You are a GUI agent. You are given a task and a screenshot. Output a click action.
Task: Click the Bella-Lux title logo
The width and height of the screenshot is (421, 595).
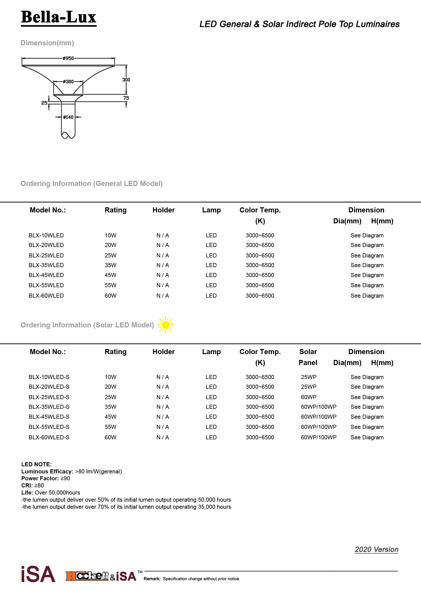point(59,17)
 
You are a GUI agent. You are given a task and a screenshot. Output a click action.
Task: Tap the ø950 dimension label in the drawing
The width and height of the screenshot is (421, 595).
point(68,58)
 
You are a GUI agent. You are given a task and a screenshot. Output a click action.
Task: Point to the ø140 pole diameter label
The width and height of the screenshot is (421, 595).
point(68,117)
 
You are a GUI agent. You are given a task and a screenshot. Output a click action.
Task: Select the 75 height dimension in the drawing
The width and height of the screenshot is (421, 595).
point(126,98)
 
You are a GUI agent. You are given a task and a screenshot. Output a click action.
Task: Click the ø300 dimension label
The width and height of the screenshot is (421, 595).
point(68,82)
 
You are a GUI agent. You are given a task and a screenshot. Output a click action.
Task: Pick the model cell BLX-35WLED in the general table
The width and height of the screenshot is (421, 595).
point(46,265)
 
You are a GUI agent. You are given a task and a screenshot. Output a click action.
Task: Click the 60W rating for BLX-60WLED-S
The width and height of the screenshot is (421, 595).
point(110,437)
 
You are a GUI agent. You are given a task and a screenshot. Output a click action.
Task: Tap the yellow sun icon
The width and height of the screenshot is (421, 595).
point(165,325)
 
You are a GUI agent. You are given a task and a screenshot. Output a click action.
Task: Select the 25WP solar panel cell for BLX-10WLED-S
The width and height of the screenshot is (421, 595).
point(308,377)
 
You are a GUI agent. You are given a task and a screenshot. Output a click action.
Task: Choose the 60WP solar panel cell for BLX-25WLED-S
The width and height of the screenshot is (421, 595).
point(308,397)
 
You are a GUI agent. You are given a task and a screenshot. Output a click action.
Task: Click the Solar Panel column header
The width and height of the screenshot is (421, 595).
point(308,357)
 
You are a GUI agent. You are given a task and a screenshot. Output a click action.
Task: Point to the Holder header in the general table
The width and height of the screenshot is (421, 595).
point(164,210)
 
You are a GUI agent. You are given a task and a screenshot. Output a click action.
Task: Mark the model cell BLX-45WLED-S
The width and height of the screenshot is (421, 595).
point(49,417)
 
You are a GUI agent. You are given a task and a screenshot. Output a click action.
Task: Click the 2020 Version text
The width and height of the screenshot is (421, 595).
point(376,549)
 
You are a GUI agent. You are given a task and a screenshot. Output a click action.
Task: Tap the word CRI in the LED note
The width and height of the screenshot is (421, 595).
point(26,485)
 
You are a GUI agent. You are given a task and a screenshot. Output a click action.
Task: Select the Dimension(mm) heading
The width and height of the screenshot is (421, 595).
point(47,43)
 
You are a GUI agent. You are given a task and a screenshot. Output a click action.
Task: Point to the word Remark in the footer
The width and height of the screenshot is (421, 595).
point(152,579)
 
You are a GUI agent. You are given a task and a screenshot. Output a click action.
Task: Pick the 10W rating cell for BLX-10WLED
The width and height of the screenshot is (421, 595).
point(110,235)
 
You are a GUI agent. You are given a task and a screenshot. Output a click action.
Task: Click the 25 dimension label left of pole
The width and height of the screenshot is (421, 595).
point(44,103)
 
